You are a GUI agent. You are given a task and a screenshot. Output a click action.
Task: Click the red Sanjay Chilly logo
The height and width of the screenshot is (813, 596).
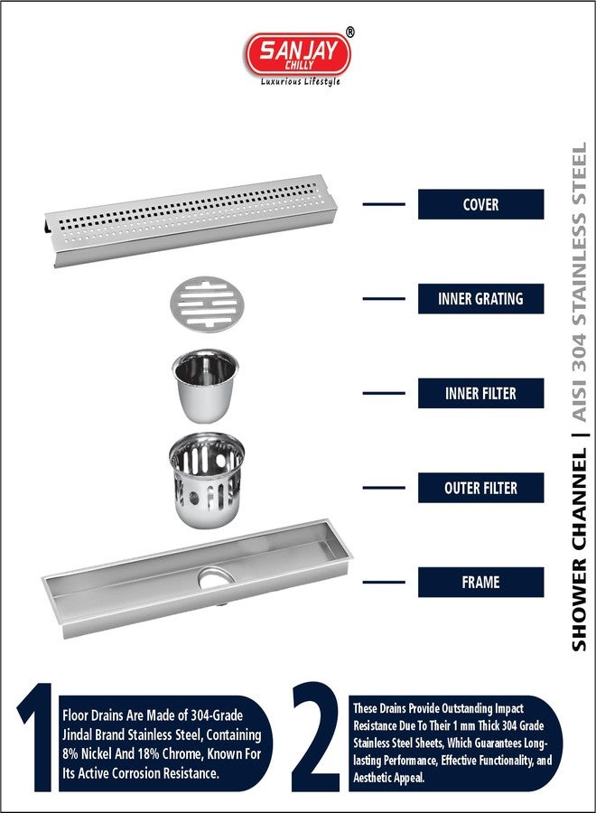298,53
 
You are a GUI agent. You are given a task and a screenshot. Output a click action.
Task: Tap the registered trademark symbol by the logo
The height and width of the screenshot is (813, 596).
350,32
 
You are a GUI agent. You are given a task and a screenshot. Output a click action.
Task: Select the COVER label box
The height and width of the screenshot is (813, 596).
480,204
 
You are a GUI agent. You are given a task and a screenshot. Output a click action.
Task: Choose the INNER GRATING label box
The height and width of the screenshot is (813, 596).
480,298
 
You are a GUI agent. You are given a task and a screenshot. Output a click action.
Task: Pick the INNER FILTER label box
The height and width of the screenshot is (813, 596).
480,393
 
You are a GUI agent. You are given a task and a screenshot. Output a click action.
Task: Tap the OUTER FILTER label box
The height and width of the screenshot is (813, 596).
480,488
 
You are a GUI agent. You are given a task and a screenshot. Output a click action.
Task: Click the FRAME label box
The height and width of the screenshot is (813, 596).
480,582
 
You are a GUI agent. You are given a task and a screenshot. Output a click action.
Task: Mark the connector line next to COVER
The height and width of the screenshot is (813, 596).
383,204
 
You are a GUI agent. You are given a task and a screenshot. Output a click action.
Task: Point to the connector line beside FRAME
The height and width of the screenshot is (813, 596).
383,582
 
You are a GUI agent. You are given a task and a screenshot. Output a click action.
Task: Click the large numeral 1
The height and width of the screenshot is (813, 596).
35,739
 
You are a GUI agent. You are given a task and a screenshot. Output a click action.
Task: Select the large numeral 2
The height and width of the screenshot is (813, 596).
315,739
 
